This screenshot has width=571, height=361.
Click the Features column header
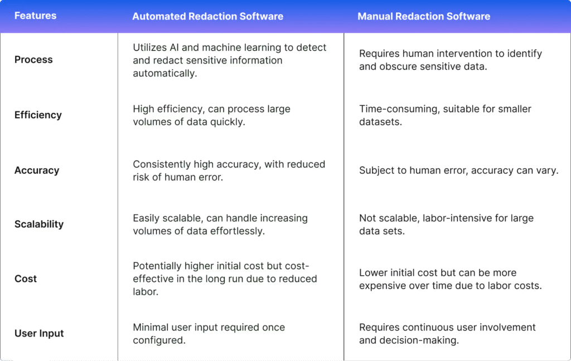coord(35,16)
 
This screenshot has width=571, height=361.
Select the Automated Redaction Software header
coord(207,16)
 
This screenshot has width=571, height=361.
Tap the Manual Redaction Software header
coord(424,16)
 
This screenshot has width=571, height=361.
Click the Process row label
coord(33,60)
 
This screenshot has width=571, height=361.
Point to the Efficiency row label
coord(38,115)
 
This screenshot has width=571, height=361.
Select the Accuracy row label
coord(37,170)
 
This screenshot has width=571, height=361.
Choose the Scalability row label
coord(39,224)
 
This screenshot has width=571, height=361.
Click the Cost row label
coord(26,279)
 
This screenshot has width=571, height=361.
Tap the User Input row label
coord(39,333)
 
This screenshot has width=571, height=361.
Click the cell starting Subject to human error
coord(459,170)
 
